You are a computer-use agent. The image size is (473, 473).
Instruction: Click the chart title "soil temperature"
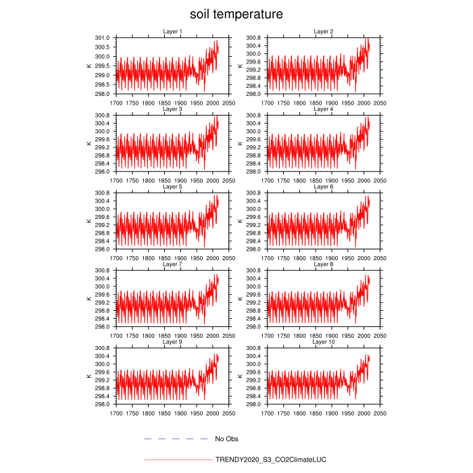(x=236, y=14)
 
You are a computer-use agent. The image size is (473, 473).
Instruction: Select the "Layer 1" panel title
(x=172, y=32)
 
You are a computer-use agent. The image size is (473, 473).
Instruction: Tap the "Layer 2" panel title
(x=324, y=32)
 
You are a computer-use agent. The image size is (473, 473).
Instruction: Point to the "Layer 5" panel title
(x=172, y=186)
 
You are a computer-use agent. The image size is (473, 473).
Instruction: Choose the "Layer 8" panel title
(x=324, y=264)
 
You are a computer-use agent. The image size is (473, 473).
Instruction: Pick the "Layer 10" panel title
(x=324, y=342)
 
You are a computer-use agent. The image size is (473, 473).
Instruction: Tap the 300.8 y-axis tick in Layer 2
(x=254, y=38)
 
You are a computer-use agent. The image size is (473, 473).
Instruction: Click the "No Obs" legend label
(x=227, y=439)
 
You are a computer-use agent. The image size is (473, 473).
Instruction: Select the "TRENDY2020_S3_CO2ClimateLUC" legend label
(x=270, y=459)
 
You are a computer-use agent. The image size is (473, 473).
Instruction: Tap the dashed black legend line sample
(x=176, y=439)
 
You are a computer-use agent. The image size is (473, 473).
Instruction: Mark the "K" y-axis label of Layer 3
(x=89, y=143)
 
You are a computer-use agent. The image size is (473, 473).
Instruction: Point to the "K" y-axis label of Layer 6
(x=240, y=221)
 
